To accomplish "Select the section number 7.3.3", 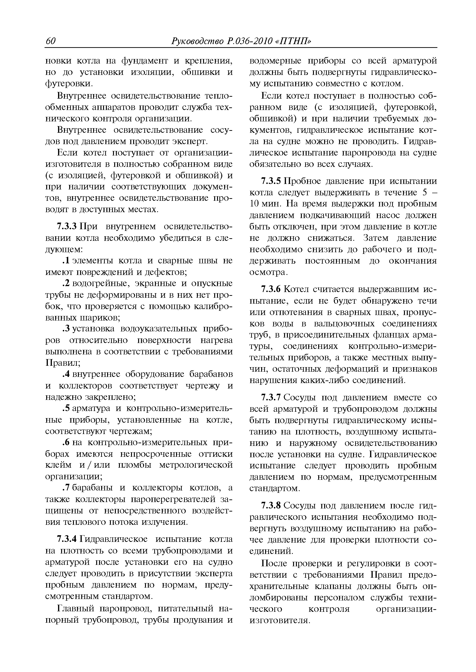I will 67,227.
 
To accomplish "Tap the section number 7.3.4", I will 67,539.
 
